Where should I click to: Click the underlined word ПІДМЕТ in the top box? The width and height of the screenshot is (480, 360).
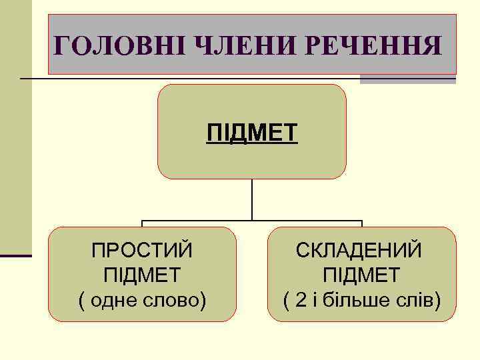tap(252, 132)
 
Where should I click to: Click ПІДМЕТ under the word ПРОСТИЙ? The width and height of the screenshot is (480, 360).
tap(142, 274)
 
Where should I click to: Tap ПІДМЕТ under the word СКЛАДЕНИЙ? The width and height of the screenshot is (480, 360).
tap(361, 274)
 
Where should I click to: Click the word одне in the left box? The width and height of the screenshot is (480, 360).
tap(118, 299)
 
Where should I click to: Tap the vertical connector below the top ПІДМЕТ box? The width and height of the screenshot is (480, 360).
tap(252, 199)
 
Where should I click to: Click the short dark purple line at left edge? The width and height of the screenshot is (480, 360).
tap(15, 255)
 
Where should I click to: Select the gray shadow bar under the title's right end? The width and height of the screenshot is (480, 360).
tap(407, 79)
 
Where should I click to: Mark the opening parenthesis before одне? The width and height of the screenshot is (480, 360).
tap(82, 299)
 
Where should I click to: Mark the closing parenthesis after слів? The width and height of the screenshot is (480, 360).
tap(437, 299)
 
